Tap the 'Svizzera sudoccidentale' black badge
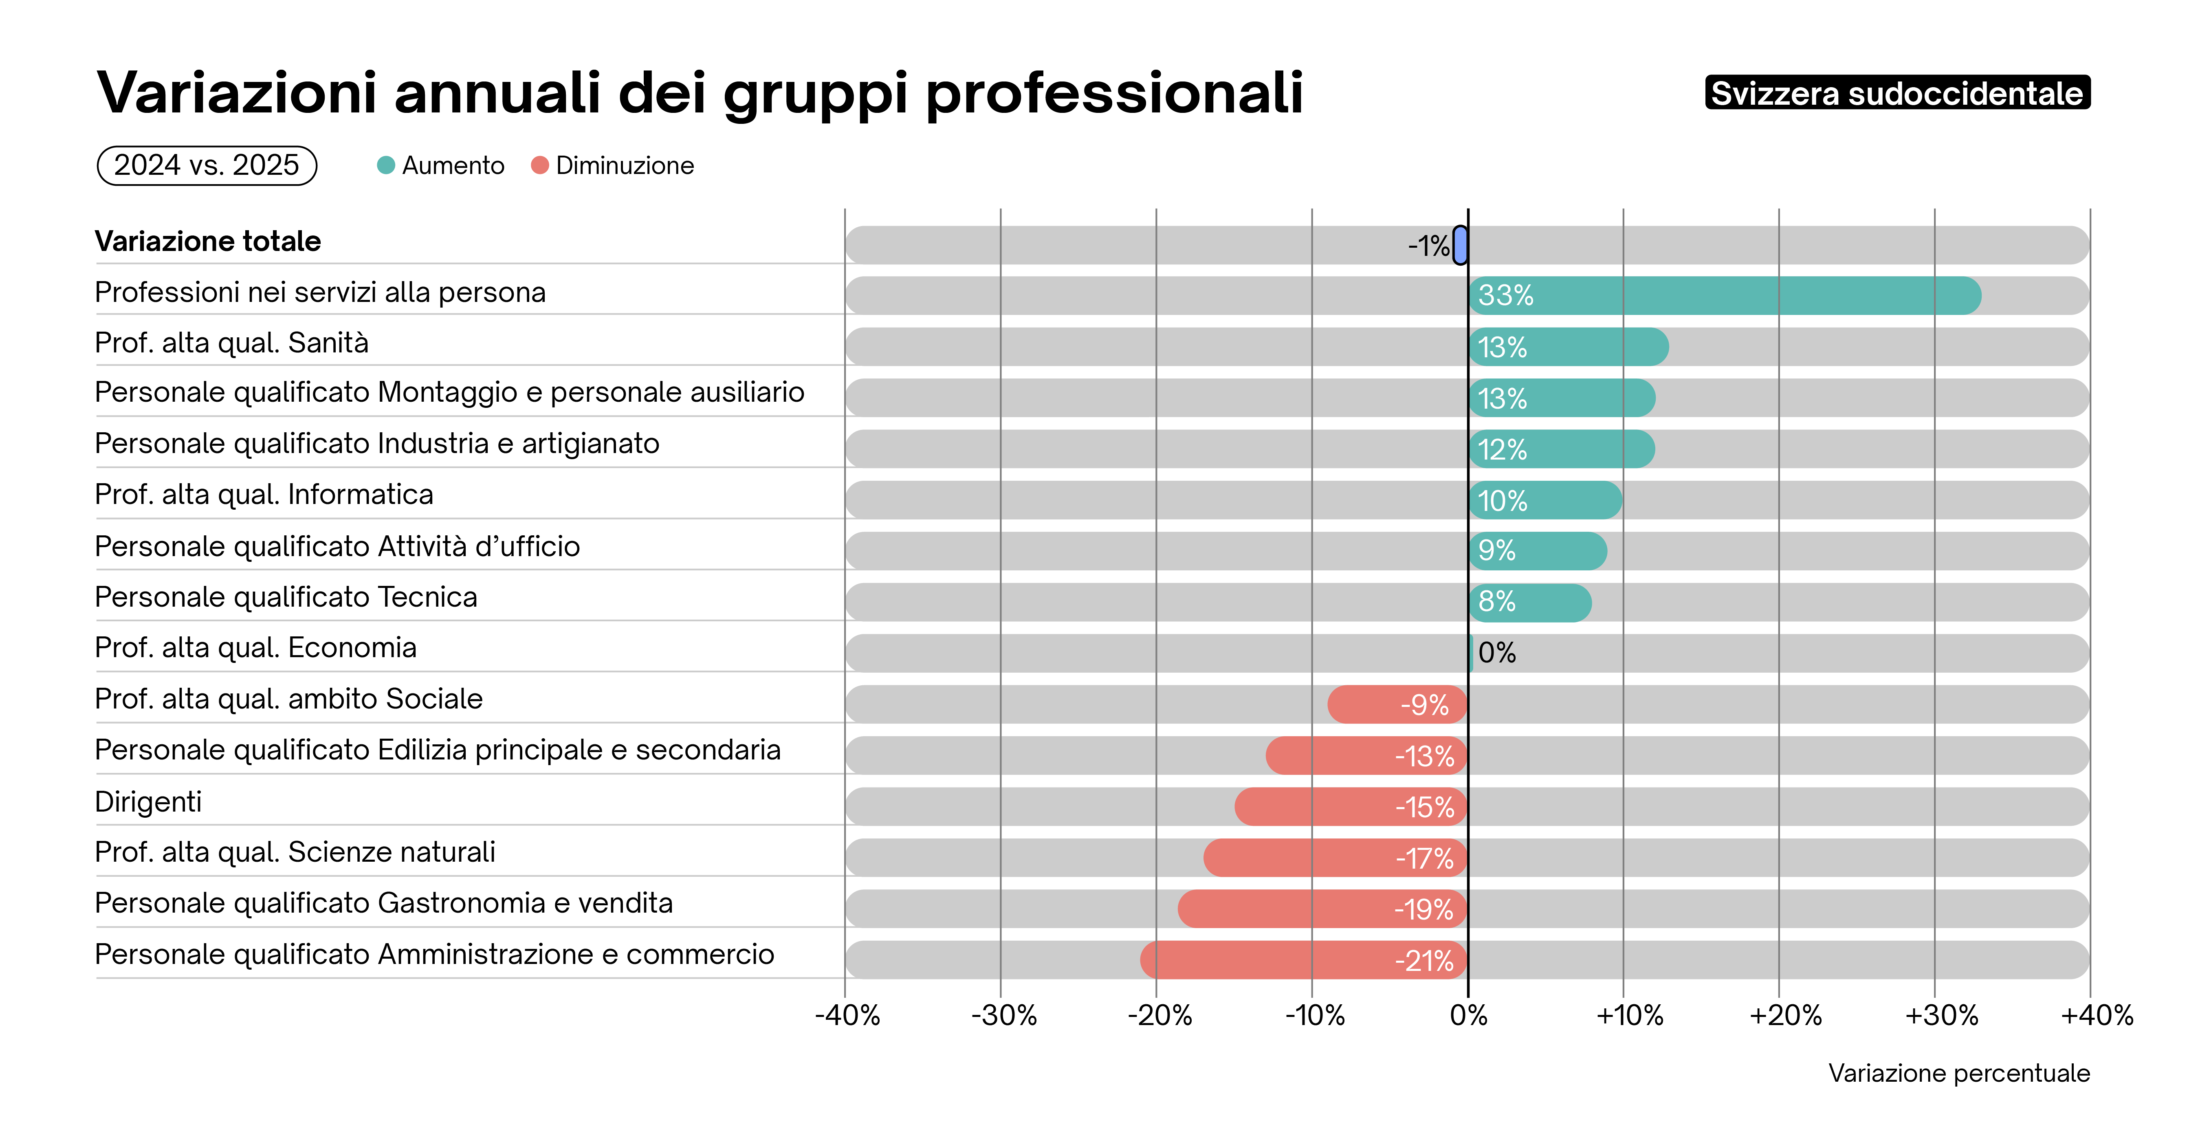[x=1897, y=92]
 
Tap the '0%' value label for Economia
[x=1497, y=653]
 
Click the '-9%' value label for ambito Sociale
[x=1425, y=705]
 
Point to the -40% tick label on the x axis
[x=847, y=1016]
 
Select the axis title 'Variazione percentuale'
[x=1958, y=1073]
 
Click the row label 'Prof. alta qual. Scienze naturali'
[x=295, y=852]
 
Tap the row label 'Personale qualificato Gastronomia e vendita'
[x=384, y=902]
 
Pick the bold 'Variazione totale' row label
[x=208, y=241]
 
